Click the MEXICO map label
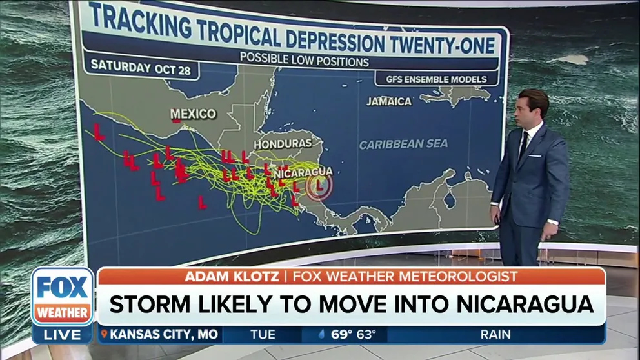tap(194, 114)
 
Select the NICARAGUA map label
tap(303, 172)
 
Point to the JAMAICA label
tap(389, 101)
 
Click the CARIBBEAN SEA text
tap(403, 145)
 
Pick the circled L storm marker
tap(319, 187)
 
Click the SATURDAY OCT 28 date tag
tap(141, 68)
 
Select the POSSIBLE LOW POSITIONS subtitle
tap(305, 62)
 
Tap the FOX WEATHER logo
tap(63, 296)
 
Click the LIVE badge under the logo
tap(63, 335)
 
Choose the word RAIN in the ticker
tap(495, 335)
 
